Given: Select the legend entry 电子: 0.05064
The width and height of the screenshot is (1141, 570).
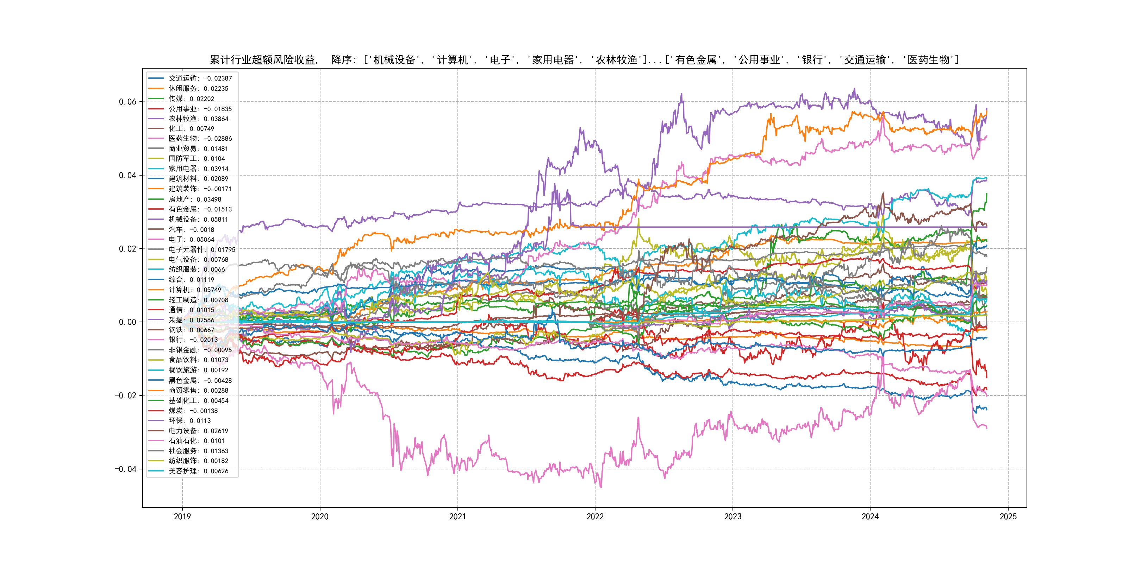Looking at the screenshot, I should (x=191, y=239).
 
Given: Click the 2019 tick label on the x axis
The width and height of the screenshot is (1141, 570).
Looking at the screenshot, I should (x=182, y=517).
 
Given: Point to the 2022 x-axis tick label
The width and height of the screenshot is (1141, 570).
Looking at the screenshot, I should (x=595, y=517).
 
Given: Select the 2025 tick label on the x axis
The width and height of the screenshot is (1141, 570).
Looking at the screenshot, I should (x=1008, y=517).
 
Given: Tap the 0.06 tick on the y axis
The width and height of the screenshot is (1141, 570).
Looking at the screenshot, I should (x=127, y=102).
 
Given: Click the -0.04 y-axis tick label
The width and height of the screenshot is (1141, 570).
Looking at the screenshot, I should (x=126, y=469).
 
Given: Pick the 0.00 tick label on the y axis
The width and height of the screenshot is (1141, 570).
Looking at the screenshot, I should (x=127, y=322).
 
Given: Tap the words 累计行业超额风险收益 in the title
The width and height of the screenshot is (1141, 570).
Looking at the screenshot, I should (x=263, y=60).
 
